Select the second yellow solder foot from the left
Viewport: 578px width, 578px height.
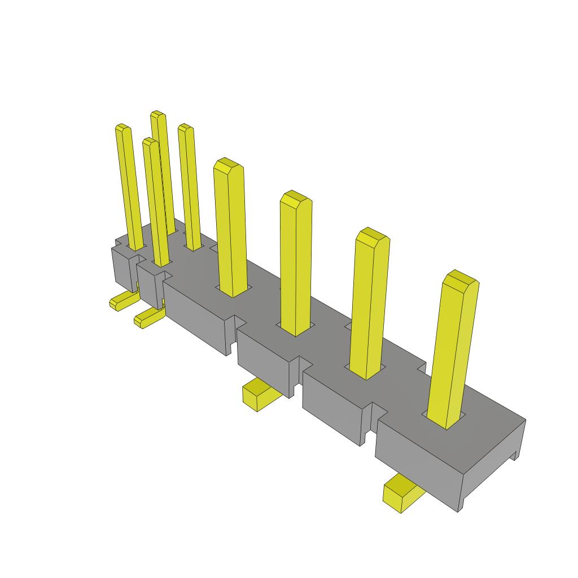148,318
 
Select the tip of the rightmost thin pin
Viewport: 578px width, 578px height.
186,128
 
